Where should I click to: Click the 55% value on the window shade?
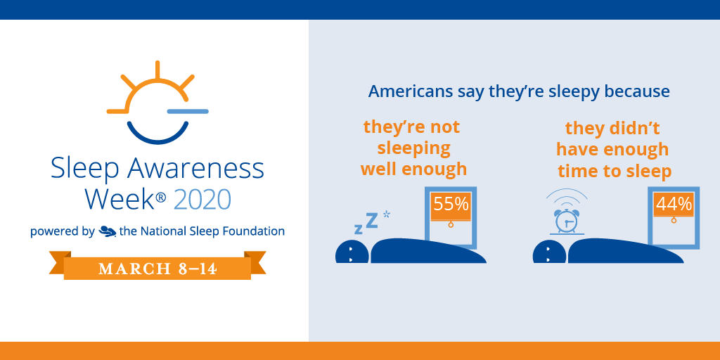(451, 205)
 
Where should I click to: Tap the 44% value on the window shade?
(674, 205)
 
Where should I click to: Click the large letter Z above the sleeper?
(372, 220)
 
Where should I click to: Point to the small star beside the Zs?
(387, 212)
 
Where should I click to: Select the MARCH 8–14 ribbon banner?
(157, 268)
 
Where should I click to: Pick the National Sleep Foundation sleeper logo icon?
(108, 231)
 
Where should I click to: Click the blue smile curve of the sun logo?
(158, 134)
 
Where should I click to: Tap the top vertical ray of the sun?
(158, 70)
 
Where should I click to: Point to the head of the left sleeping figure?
(352, 252)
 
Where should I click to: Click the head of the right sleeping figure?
(548, 252)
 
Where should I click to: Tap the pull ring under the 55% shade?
(451, 224)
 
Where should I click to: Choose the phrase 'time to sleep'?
(615, 172)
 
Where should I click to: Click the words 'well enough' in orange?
(413, 169)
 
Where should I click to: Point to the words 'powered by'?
(62, 231)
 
